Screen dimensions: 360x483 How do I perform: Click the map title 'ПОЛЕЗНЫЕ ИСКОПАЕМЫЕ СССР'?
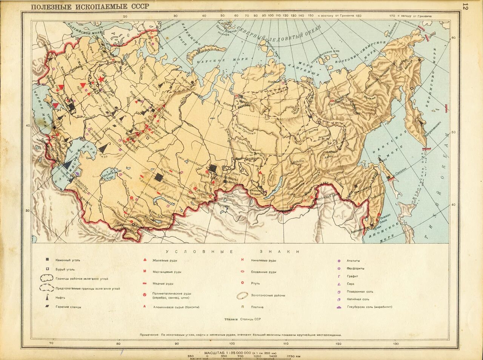click(x=90, y=6)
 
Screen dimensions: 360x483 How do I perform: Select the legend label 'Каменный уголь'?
click(x=68, y=260)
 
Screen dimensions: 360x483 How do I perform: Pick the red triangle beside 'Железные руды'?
click(x=145, y=260)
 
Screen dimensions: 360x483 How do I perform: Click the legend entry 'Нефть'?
click(x=61, y=297)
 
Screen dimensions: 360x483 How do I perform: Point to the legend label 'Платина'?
click(x=257, y=307)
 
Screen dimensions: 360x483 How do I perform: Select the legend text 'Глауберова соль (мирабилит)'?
click(x=369, y=307)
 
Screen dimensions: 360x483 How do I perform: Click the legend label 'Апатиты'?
click(x=353, y=260)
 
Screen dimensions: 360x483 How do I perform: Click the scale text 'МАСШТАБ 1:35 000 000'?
click(x=228, y=352)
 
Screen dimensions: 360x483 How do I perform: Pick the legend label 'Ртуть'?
click(x=255, y=283)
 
